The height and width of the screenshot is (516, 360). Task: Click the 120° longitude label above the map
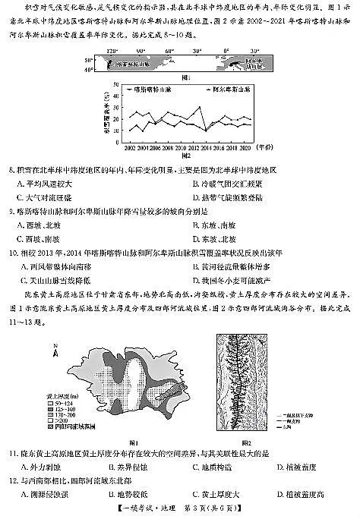[x=112, y=51]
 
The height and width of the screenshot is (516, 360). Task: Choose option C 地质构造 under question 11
[x=207, y=466]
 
